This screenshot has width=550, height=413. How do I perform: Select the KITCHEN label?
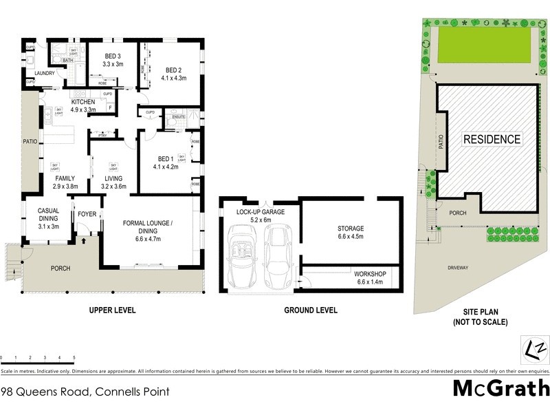coord(82,102)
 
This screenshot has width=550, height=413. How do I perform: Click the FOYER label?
coord(87,214)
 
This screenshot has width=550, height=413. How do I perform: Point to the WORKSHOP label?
coord(371,274)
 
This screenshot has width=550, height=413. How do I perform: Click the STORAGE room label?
coord(351,229)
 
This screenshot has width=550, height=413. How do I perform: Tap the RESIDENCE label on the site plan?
coord(492,139)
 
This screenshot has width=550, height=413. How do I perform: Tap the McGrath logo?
coord(500,388)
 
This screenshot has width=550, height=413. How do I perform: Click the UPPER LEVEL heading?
coord(112,310)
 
